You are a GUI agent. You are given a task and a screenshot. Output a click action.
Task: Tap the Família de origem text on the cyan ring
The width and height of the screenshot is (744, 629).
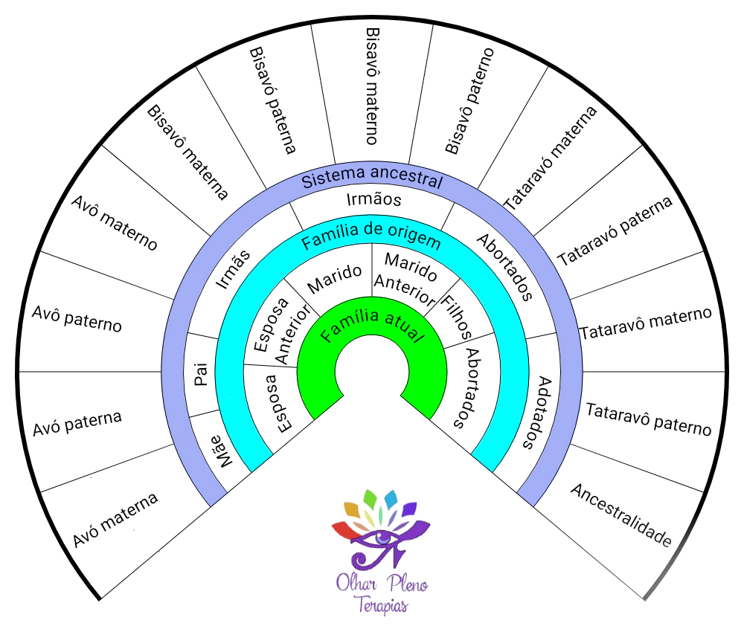(x=371, y=235)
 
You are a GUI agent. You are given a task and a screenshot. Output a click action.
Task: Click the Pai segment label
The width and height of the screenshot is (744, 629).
(x=201, y=374)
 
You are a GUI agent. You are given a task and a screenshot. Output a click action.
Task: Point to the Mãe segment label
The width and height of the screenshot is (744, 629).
(x=222, y=451)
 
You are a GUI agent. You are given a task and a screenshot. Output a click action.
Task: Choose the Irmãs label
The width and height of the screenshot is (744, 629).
(x=232, y=268)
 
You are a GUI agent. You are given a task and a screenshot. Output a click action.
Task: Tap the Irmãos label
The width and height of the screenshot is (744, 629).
(x=374, y=199)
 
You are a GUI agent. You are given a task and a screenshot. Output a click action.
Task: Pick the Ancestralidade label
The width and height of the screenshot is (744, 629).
(x=621, y=515)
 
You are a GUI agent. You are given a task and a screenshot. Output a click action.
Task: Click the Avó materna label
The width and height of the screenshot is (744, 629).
(x=115, y=520)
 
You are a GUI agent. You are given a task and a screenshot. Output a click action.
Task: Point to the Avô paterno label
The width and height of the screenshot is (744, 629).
(x=77, y=319)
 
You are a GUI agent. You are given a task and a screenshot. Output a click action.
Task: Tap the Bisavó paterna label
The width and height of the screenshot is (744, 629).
(x=273, y=100)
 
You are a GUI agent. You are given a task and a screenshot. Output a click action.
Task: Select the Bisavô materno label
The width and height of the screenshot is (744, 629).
(x=373, y=86)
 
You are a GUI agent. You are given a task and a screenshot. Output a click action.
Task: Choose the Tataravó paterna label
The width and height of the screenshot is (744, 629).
(x=615, y=230)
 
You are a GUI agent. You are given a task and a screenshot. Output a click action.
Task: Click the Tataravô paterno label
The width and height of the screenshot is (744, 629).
(x=649, y=419)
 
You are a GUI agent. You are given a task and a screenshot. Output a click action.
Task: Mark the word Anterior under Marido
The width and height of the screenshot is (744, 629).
(x=405, y=290)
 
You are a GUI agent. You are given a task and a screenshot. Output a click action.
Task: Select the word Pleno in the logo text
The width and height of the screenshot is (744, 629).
(x=409, y=584)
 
